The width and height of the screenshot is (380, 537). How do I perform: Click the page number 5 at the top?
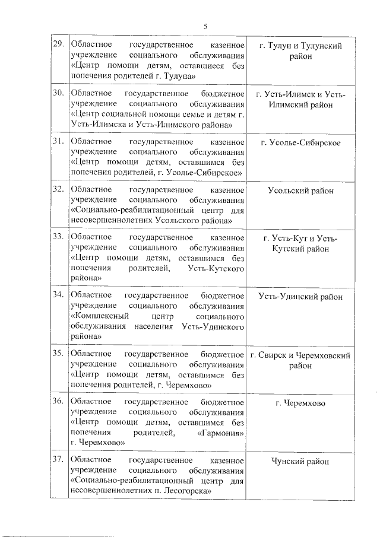click(205, 26)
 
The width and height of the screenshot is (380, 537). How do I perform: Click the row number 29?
click(59, 45)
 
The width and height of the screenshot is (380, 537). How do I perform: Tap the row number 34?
click(59, 295)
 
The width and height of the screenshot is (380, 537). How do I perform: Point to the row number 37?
click(59, 460)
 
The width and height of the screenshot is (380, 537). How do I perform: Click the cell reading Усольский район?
click(300, 190)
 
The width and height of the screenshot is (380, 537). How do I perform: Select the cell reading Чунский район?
click(300, 461)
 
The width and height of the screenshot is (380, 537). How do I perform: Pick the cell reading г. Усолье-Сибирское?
click(300, 142)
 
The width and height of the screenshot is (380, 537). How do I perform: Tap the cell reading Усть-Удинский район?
click(300, 296)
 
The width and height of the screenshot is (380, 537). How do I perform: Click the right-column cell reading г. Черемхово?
click(300, 403)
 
